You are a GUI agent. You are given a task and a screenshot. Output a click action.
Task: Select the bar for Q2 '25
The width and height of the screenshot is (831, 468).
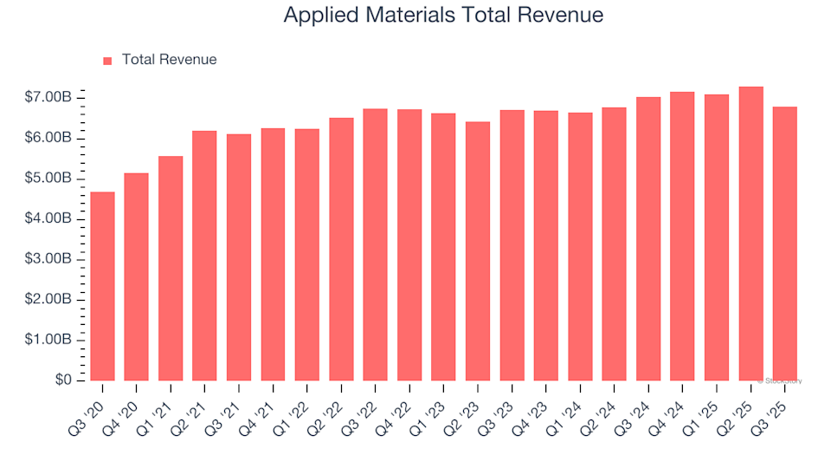(750, 234)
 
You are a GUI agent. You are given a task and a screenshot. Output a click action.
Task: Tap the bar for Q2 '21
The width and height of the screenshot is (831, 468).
(204, 256)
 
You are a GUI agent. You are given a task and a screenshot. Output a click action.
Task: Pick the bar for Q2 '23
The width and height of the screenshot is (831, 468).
(478, 251)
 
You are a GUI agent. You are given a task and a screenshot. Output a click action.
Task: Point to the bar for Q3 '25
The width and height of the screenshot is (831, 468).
(784, 244)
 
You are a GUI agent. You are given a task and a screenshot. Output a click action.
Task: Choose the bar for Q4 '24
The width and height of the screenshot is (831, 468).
(682, 236)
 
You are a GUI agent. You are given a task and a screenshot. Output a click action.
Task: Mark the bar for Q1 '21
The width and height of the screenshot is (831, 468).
(171, 269)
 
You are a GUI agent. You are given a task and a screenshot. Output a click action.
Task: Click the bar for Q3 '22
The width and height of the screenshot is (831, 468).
(375, 244)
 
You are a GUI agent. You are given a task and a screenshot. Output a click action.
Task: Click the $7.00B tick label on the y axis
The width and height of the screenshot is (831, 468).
(48, 98)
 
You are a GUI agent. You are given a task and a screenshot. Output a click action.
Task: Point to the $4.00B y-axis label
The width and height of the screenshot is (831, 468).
(48, 219)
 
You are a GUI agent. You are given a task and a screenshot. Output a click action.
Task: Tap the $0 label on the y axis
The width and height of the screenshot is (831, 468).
(61, 380)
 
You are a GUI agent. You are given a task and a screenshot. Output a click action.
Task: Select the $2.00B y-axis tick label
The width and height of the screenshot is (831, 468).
(48, 300)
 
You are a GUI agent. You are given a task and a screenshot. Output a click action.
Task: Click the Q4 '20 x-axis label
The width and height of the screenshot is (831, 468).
(125, 404)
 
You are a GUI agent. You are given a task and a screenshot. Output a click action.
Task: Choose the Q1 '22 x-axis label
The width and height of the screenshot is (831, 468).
(295, 404)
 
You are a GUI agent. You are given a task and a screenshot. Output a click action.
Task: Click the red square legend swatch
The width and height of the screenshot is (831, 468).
(108, 61)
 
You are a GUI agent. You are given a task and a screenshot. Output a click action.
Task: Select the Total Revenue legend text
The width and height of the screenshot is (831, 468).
(169, 60)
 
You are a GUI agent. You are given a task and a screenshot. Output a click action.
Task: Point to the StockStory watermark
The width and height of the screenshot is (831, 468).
(780, 380)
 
